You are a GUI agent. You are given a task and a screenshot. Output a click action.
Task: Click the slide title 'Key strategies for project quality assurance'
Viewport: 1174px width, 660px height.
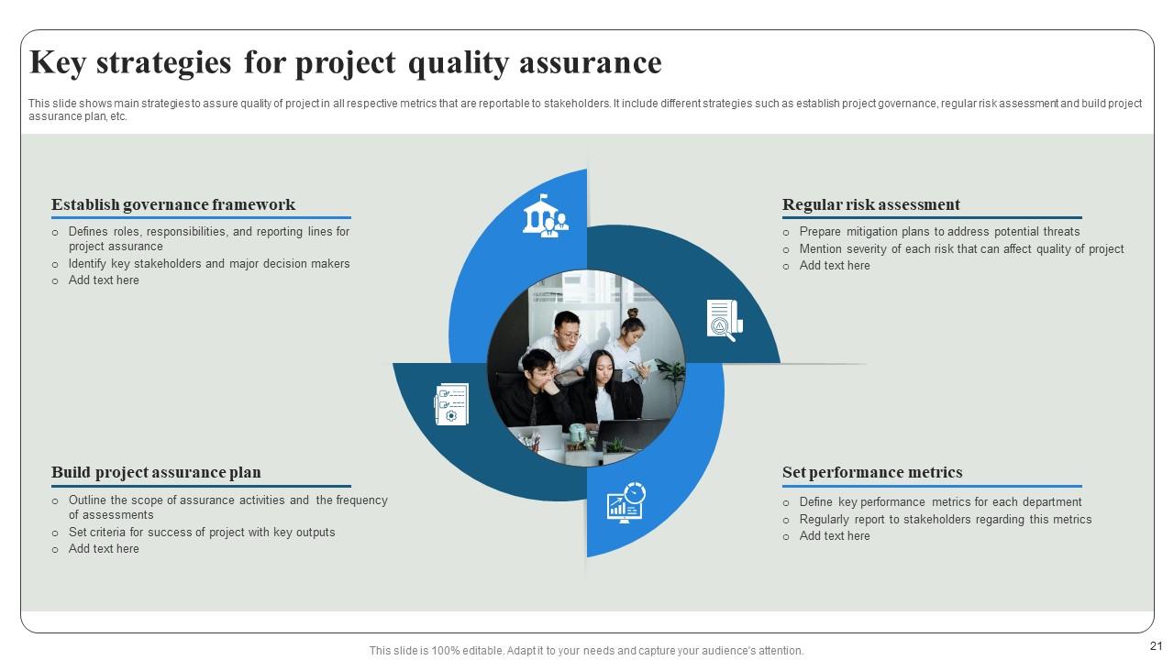pyautogui.click(x=345, y=63)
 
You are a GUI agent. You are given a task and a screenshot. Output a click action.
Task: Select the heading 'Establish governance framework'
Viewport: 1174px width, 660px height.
pyautogui.click(x=173, y=204)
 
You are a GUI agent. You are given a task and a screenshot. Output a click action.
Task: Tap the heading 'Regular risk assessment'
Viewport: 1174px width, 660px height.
pyautogui.click(x=870, y=204)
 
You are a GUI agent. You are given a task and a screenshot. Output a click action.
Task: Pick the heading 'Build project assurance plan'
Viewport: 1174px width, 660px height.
pyautogui.click(x=156, y=472)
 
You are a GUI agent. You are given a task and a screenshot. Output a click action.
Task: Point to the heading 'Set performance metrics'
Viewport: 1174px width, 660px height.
pyautogui.click(x=871, y=472)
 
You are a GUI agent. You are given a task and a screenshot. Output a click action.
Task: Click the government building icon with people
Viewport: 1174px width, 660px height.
pyautogui.click(x=545, y=216)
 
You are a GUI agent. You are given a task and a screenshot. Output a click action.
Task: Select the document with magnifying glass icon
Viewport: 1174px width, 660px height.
pyautogui.click(x=724, y=320)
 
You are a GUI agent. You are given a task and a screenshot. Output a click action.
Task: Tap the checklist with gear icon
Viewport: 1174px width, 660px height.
pyautogui.click(x=451, y=404)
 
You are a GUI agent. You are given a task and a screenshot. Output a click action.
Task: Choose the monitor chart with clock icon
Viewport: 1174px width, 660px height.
pyautogui.click(x=626, y=502)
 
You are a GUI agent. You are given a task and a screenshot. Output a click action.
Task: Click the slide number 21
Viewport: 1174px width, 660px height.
pyautogui.click(x=1156, y=646)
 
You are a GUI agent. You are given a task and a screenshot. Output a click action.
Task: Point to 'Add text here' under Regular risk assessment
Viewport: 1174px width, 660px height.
pyautogui.click(x=834, y=266)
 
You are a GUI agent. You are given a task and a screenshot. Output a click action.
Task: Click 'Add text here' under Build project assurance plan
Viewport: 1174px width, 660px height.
pyautogui.click(x=104, y=549)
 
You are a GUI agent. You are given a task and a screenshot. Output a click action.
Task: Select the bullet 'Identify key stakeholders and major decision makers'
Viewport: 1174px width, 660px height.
pyautogui.click(x=208, y=264)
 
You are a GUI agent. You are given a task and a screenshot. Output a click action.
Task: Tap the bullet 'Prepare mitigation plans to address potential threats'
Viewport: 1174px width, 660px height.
pyautogui.click(x=939, y=232)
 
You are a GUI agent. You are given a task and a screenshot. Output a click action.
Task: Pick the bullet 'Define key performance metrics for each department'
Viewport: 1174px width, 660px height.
pyautogui.click(x=940, y=502)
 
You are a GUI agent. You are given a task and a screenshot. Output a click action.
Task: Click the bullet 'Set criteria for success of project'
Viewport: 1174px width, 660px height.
pyautogui.click(x=201, y=533)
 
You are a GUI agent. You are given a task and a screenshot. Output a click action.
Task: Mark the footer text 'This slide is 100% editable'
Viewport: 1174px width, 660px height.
pyautogui.click(x=586, y=651)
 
